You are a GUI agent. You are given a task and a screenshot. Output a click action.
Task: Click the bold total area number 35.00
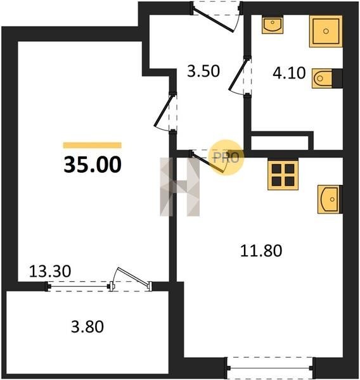pos(93,165)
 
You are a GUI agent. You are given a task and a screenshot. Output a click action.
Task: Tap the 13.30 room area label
pos(50,271)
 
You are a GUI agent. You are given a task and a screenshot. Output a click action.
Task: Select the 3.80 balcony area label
pos(87,326)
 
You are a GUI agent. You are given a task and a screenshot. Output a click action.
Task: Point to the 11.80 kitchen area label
pos(261,251)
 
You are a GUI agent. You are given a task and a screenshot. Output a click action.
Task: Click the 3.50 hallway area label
pos(203,71)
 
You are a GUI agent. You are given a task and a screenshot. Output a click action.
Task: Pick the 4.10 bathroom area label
pos(289,73)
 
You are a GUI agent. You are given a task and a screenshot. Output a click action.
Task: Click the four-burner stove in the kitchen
pos(283,174)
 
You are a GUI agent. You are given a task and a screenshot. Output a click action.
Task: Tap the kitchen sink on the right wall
pos(330,199)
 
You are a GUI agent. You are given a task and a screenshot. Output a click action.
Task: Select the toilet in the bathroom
pos(327,79)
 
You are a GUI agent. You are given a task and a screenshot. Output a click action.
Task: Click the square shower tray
pos(326,31)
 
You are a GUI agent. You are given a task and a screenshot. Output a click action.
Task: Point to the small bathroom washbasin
pos(273,25)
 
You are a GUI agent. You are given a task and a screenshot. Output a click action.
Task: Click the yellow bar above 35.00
pos(92,145)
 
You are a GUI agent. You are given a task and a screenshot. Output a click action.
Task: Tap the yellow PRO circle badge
pos(226,157)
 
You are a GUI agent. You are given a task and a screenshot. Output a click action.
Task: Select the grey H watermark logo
pos(180,187)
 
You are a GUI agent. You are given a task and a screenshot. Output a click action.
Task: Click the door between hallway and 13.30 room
pos(165,110)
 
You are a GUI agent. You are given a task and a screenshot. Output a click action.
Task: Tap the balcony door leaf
pos(132,277)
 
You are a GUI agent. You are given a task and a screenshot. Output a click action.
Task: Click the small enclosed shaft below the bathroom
pos(280,143)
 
